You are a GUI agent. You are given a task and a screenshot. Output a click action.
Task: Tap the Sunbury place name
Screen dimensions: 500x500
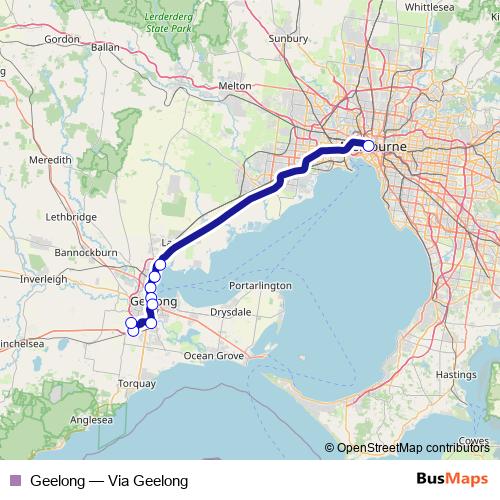tap(290, 40)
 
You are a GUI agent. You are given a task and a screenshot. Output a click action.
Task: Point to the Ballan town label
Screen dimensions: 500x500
tap(104, 47)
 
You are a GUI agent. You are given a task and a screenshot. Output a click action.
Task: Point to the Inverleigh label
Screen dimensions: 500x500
tap(42, 279)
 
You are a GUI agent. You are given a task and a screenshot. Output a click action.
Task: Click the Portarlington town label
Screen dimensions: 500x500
tap(259, 285)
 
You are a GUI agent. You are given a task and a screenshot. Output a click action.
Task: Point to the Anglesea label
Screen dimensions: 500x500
tap(91, 421)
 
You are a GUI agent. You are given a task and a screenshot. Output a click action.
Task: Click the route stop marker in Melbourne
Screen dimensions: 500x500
tap(368, 146)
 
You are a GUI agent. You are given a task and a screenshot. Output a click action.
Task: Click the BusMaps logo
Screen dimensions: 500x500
tap(452, 478)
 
